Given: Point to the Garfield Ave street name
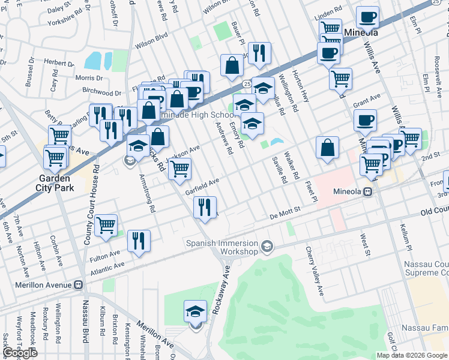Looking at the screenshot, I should tap(202, 185).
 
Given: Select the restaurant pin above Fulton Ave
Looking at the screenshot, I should tap(139, 241).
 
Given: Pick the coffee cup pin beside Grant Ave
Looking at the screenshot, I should tap(364, 121).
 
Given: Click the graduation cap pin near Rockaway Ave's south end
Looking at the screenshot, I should tap(196, 311).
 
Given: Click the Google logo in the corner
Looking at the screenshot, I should tap(20, 353).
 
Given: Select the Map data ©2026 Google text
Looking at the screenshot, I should tap(411, 355).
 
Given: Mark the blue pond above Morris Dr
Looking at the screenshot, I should tap(94, 60).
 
